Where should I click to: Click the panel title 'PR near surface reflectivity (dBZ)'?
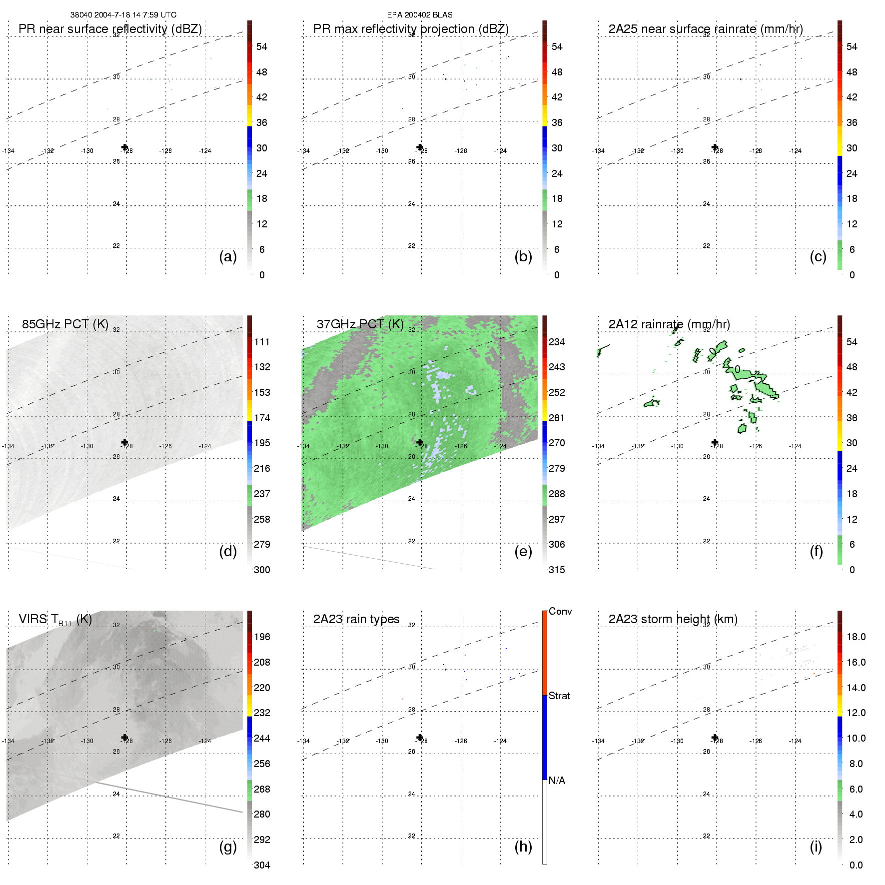pyautogui.click(x=110, y=29)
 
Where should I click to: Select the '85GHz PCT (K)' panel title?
pyautogui.click(x=65, y=324)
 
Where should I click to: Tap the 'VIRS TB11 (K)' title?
pyautogui.click(x=55, y=620)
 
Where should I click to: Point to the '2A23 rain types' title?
pyautogui.click(x=356, y=619)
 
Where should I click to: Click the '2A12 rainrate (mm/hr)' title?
pyautogui.click(x=669, y=324)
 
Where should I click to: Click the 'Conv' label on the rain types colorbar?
pyautogui.click(x=560, y=611)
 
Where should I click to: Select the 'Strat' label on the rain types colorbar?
pyautogui.click(x=559, y=696)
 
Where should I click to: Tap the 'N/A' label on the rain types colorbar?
pyautogui.click(x=557, y=781)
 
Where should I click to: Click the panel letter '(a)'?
pyautogui.click(x=228, y=256)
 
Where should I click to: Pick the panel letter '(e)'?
pyautogui.click(x=523, y=551)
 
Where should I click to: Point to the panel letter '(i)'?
pyautogui.click(x=816, y=847)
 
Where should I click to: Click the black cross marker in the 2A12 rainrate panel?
pyautogui.click(x=715, y=442)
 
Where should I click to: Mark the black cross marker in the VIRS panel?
pyautogui.click(x=124, y=737)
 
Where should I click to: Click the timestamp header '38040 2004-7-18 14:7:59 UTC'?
pyautogui.click(x=123, y=15)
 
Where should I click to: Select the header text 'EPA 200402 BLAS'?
pyautogui.click(x=420, y=15)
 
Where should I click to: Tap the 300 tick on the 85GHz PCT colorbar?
pyautogui.click(x=262, y=570)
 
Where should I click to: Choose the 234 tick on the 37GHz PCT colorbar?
pyautogui.click(x=557, y=342)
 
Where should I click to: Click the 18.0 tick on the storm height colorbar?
pyautogui.click(x=856, y=637)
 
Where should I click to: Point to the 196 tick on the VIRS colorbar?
pyautogui.click(x=262, y=637)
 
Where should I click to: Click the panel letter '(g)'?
pyautogui.click(x=228, y=847)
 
